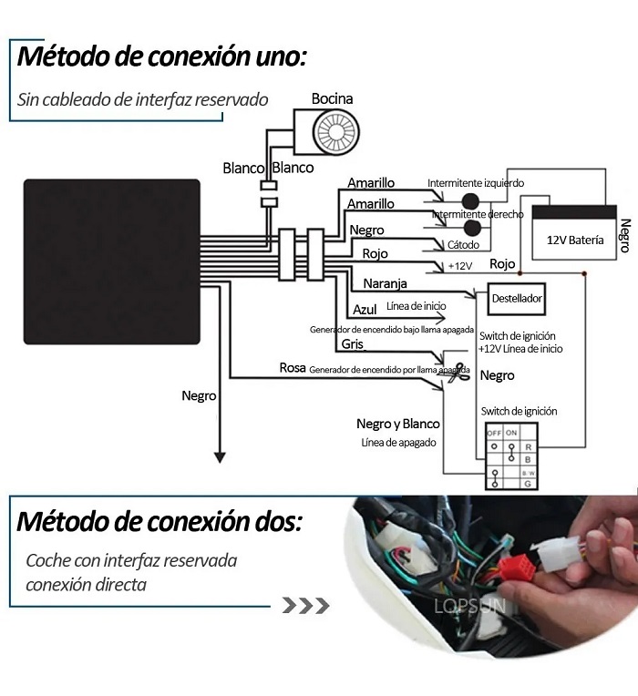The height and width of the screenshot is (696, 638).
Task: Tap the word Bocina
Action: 332,98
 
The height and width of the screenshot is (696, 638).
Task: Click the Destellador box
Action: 517,298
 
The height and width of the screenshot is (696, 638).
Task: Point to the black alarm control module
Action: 111,261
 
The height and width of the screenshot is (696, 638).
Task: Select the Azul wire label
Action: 365,310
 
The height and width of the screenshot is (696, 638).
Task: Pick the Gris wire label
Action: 353,343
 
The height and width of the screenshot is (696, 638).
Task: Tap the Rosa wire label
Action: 292,368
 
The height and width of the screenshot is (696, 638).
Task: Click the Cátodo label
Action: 462,244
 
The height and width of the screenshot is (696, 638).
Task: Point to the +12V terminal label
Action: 460,265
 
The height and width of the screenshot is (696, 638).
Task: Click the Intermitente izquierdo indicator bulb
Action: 471,200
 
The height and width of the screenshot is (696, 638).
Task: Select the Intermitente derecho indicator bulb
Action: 472,228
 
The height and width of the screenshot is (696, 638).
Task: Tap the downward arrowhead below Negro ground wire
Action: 219,455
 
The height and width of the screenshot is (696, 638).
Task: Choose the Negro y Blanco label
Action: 397,424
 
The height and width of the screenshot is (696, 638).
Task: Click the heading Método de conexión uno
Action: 162,56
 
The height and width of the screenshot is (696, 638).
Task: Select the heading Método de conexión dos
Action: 159,523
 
